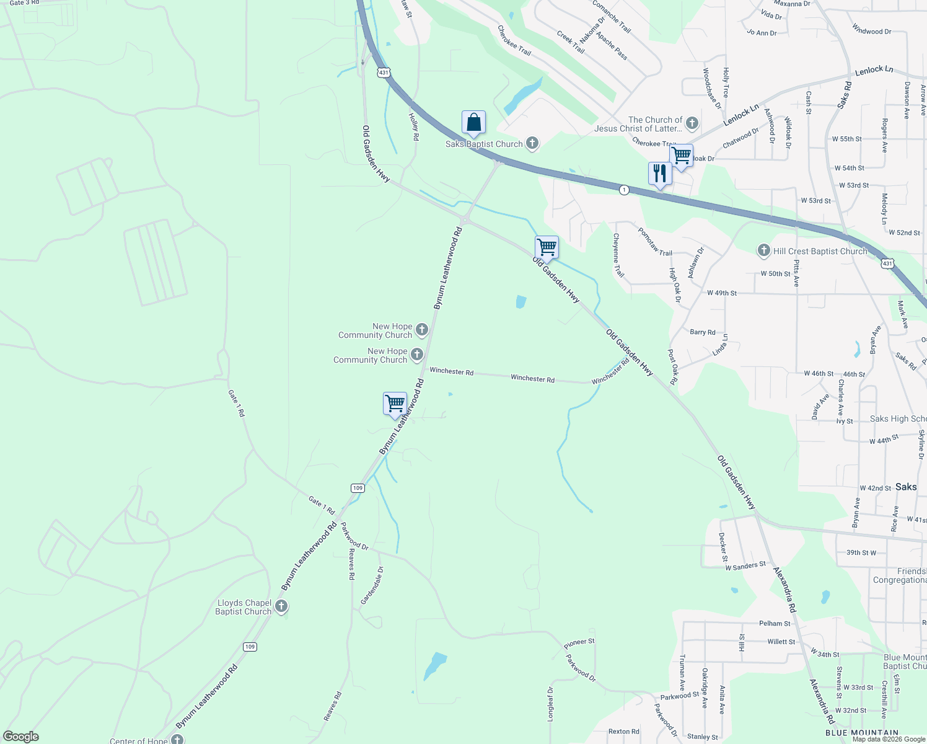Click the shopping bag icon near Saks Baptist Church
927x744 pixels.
[x=473, y=123]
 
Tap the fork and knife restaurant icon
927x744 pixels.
[x=660, y=174]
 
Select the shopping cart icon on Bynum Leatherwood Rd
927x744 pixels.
[x=395, y=404]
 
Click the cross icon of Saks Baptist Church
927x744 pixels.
[x=532, y=144]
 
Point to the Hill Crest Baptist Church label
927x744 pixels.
[x=820, y=251]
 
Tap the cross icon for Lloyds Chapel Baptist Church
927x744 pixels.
[x=281, y=606]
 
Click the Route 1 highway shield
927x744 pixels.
[x=624, y=190]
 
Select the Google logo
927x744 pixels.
[x=21, y=737]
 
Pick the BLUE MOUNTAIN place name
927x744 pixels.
[x=862, y=733]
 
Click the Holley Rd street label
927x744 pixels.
[x=413, y=126]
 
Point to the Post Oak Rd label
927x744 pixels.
[x=673, y=366]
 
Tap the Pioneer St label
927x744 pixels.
[x=579, y=644]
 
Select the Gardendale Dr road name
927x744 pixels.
[x=372, y=586]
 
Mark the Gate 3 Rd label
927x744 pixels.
[x=24, y=3]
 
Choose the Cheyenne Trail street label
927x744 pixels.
[x=618, y=255]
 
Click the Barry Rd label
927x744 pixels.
[x=703, y=332]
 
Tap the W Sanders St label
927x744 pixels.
[x=745, y=566]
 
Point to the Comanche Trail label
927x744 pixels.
[x=612, y=17]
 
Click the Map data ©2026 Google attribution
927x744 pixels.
[x=889, y=739]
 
